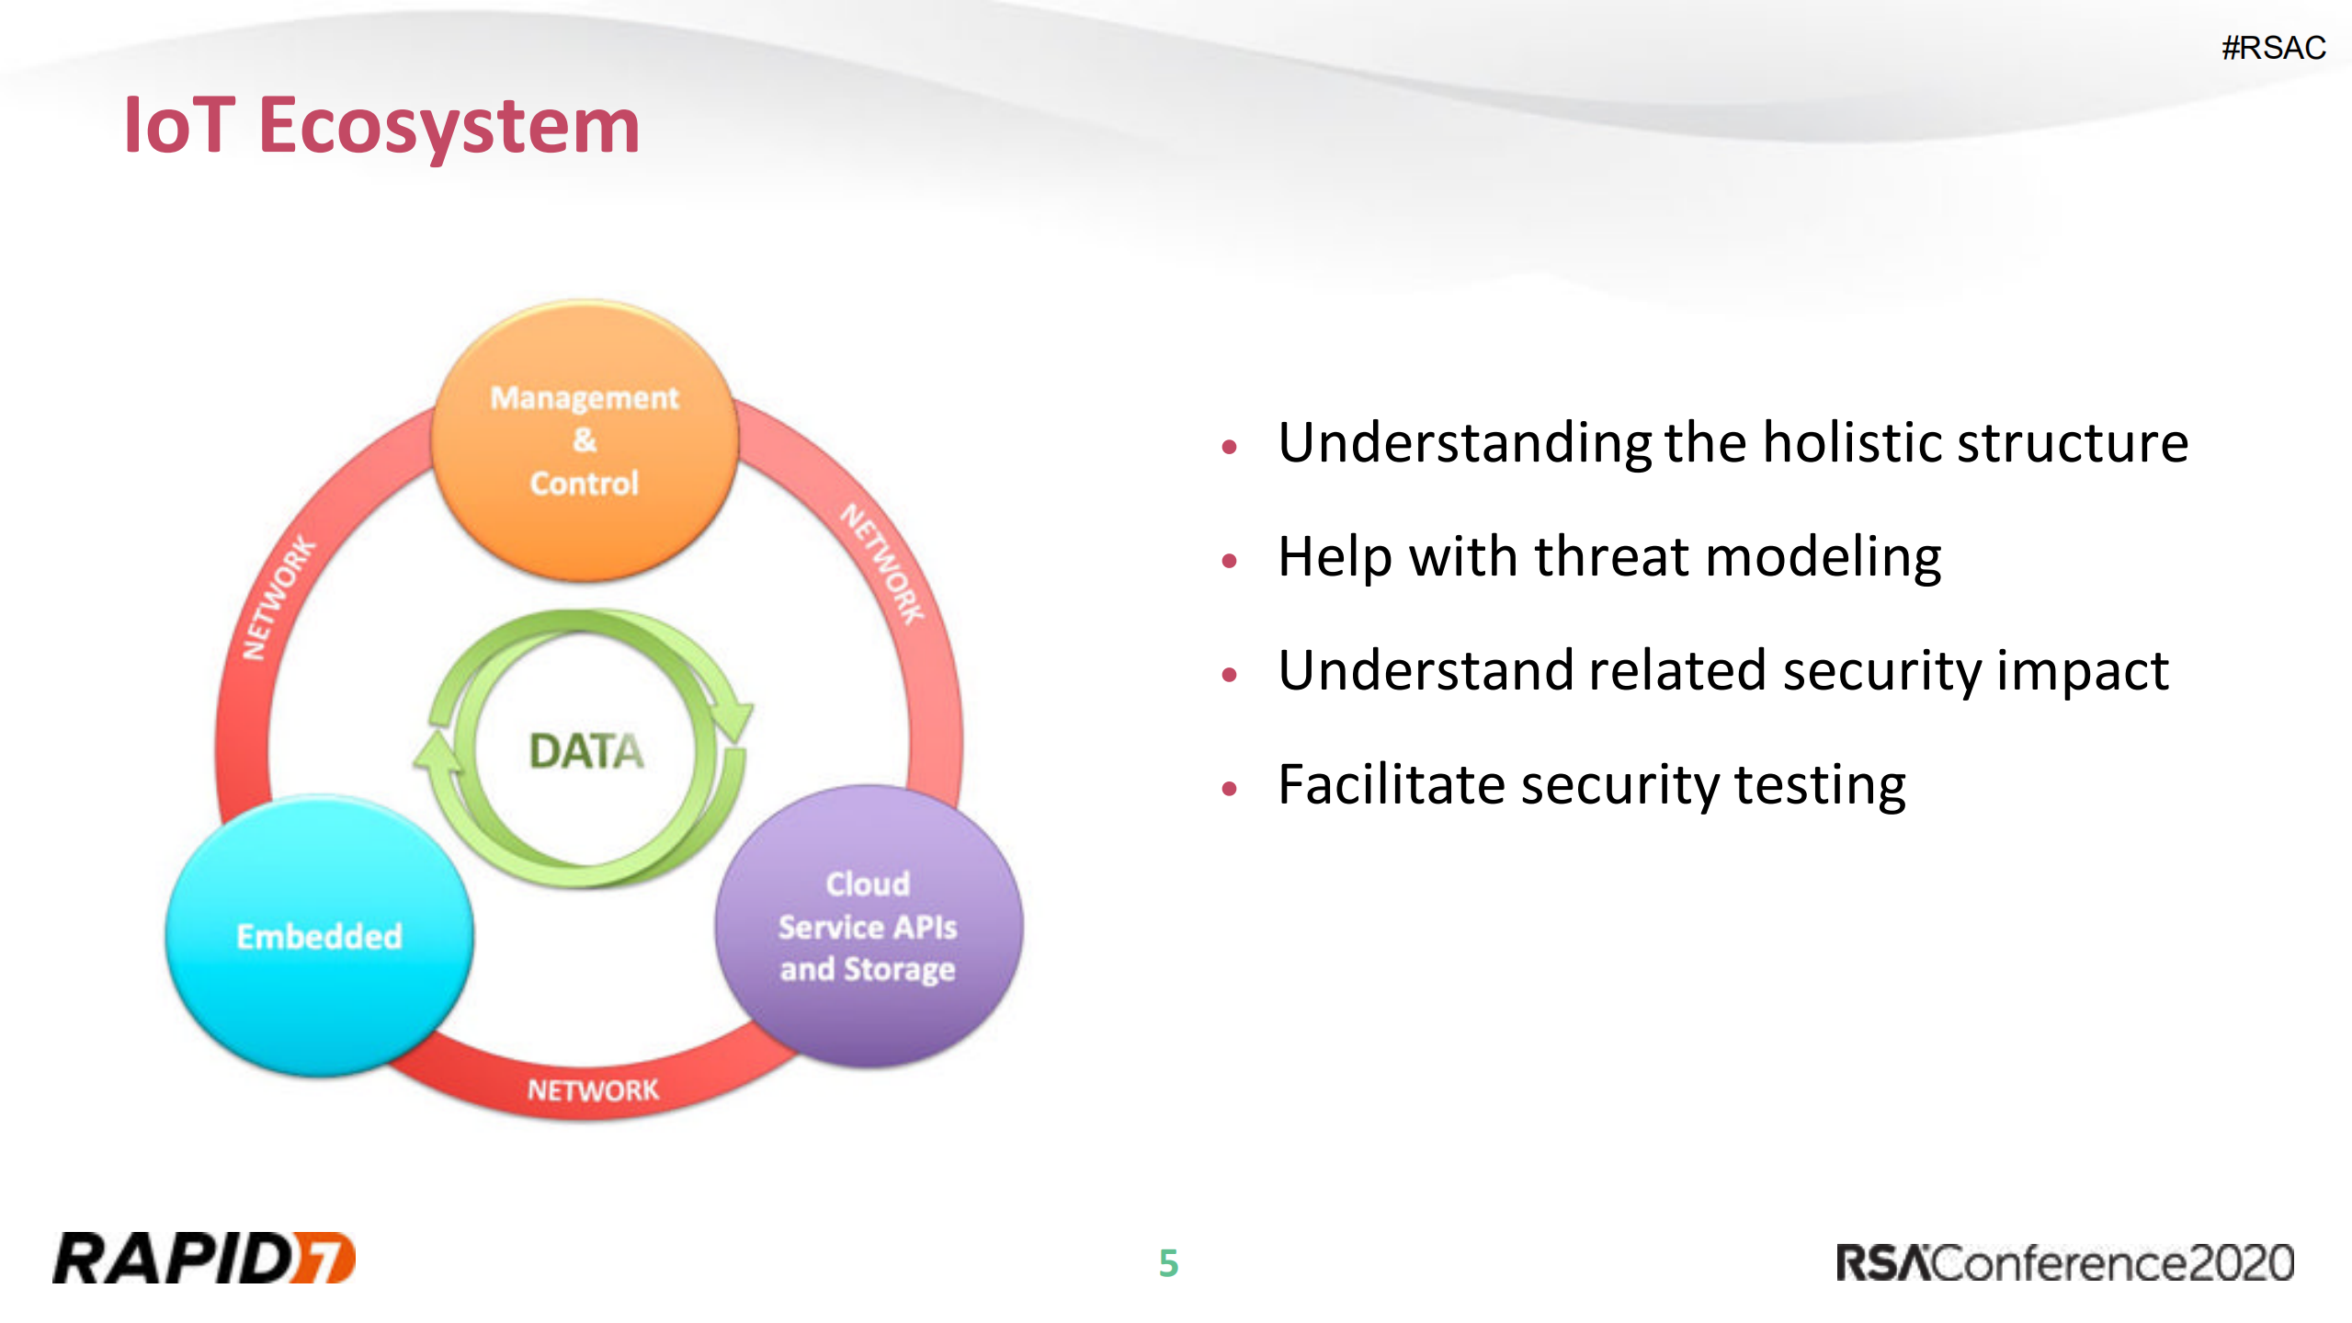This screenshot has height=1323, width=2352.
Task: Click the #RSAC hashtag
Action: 2273,48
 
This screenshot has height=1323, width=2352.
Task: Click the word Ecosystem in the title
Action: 449,127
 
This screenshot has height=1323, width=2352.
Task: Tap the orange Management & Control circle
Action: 585,439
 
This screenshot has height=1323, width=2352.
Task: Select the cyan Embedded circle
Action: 319,936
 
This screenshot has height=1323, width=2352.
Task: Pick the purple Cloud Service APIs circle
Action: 868,927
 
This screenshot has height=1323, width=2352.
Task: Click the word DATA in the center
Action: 586,751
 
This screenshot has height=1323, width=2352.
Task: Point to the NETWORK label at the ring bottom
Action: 593,1090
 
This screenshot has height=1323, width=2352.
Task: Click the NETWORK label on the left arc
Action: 278,599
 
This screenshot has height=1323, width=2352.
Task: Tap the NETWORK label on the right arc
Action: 882,564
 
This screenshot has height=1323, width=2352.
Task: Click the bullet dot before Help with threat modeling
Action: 1230,561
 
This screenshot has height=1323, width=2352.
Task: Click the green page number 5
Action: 1168,1263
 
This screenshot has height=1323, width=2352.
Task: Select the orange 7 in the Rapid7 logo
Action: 325,1258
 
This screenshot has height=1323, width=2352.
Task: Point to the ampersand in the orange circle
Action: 585,440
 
